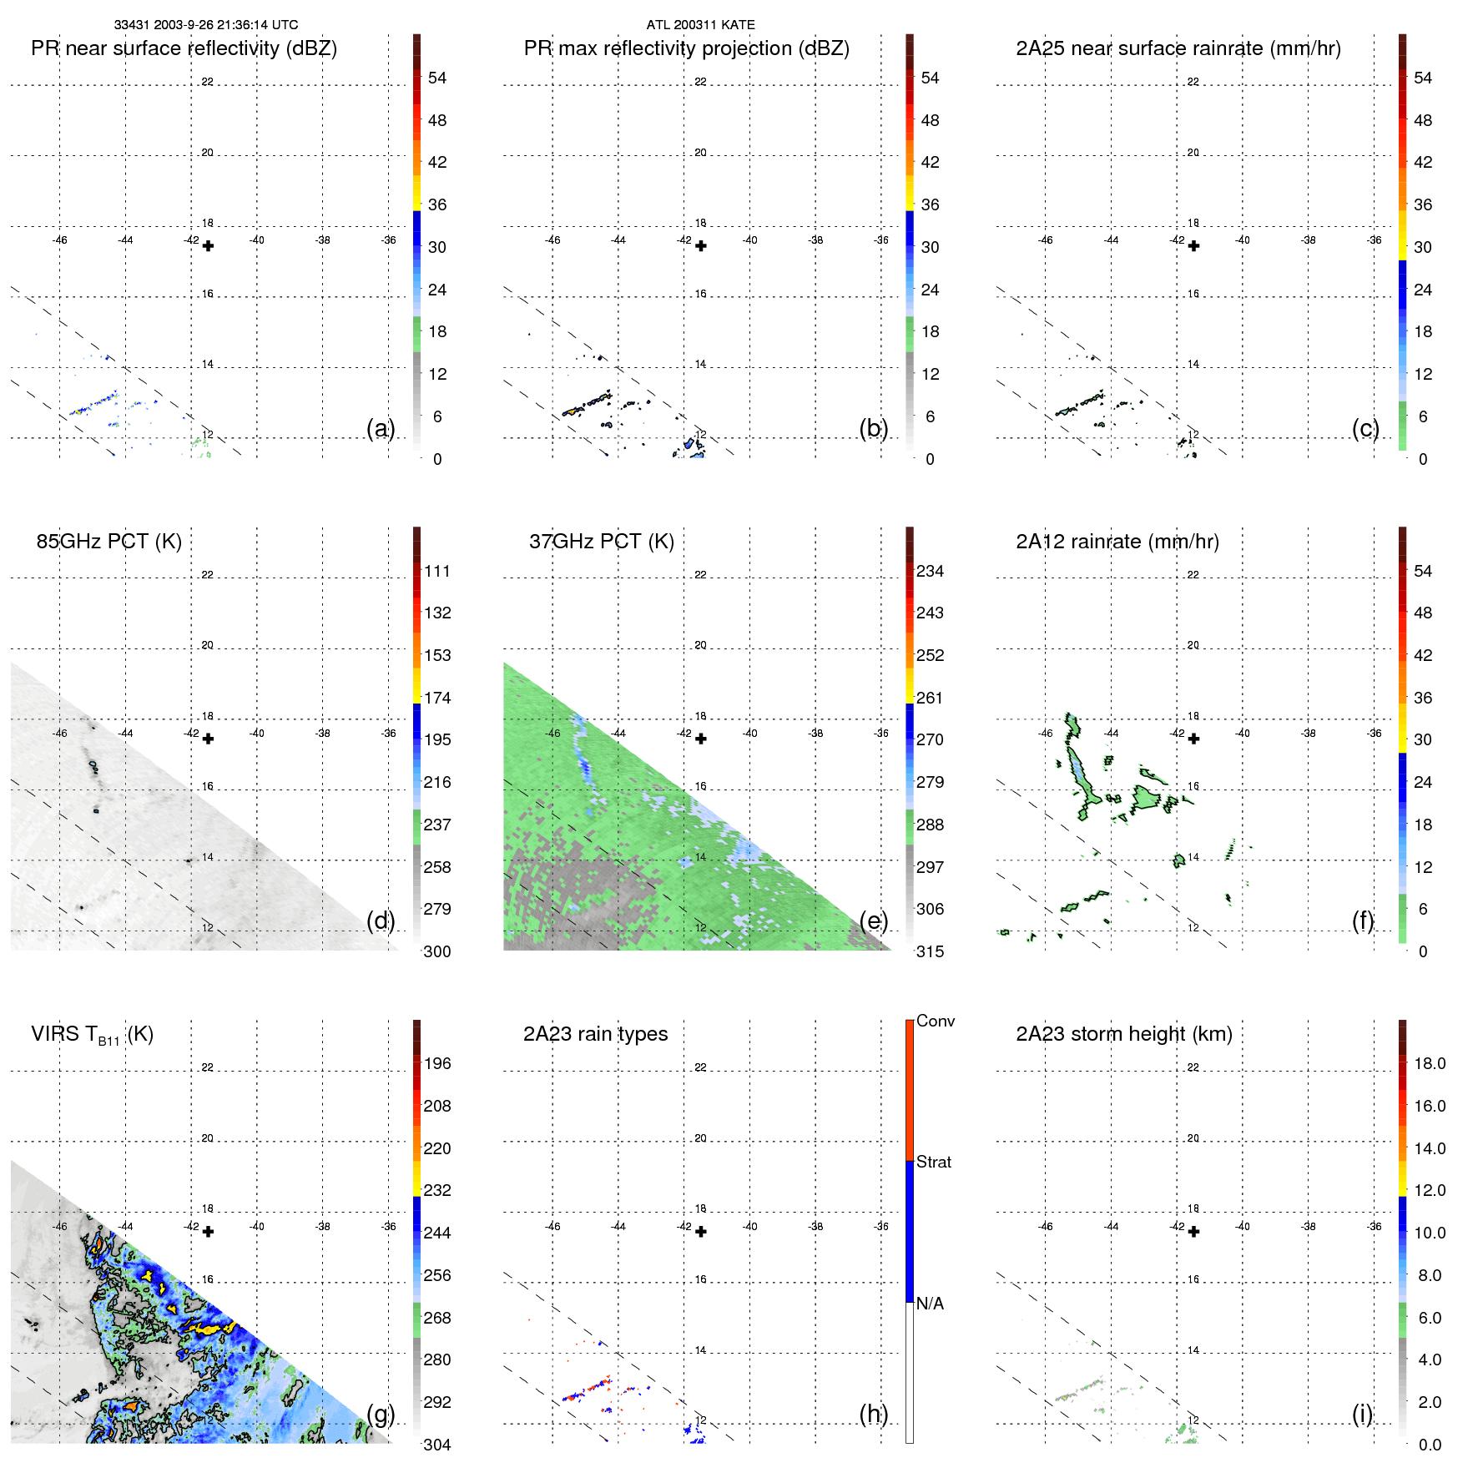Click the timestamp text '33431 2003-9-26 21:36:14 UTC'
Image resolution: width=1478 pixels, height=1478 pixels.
click(x=206, y=25)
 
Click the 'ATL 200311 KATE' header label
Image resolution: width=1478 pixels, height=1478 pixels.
click(x=700, y=25)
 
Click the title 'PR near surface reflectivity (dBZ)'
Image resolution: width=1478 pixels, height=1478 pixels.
click(x=184, y=48)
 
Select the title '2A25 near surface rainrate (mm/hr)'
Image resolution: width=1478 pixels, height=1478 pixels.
click(x=1178, y=48)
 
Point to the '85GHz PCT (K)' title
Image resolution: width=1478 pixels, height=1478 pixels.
click(x=108, y=542)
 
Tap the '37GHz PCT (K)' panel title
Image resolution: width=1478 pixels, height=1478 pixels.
click(x=601, y=542)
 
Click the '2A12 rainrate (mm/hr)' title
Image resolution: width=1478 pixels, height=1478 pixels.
click(x=1117, y=542)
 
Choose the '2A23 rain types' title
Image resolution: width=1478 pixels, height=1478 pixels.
click(x=595, y=1034)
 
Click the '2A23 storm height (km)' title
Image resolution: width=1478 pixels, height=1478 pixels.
click(x=1123, y=1034)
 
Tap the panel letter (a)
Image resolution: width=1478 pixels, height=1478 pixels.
click(x=381, y=428)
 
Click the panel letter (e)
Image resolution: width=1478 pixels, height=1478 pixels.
click(x=873, y=921)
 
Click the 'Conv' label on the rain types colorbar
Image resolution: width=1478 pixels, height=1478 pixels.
click(x=935, y=1021)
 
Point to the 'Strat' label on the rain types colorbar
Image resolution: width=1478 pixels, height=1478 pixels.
click(x=933, y=1162)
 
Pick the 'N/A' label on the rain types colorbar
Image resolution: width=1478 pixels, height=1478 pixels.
click(x=930, y=1304)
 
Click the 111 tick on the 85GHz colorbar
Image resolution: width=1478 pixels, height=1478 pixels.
click(x=436, y=571)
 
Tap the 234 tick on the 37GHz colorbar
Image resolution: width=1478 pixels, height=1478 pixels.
click(x=930, y=571)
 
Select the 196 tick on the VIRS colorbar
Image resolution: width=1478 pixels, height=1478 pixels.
click(x=436, y=1063)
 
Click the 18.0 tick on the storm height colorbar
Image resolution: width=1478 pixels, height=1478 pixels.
click(x=1429, y=1063)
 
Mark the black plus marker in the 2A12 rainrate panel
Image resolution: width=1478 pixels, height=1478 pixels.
click(x=1193, y=739)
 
